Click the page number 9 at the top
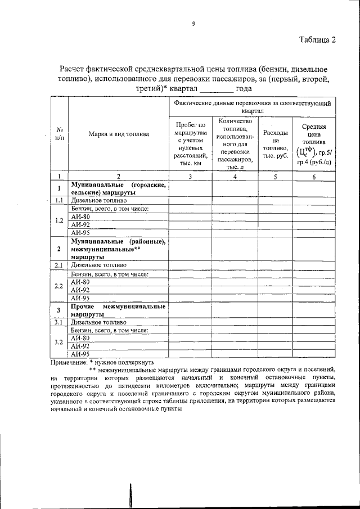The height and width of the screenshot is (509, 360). point(193,23)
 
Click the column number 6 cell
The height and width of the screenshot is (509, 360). point(314,177)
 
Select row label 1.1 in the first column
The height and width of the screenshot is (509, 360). point(59,200)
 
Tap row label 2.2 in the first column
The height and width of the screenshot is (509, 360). point(59,286)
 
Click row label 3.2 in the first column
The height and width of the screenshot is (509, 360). point(59,342)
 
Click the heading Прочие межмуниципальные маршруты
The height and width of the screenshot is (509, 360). point(118,310)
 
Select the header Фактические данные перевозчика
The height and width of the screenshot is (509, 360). point(252,107)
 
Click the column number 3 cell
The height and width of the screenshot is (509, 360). point(191,177)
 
